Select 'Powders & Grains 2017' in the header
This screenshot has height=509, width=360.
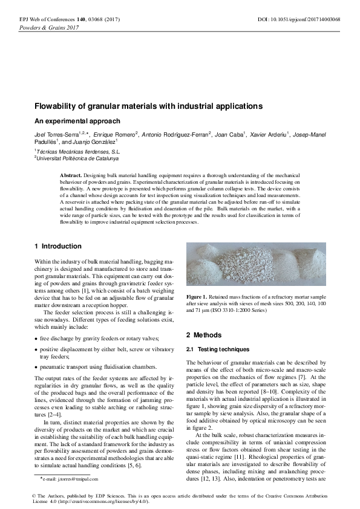click(50, 28)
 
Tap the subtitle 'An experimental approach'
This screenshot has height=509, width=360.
click(69, 121)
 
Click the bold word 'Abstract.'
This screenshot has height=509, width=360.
click(70, 175)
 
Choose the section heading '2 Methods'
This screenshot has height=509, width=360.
click(203, 335)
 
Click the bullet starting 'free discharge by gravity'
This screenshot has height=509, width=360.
click(91, 339)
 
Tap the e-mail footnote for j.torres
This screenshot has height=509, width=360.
click(70, 478)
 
